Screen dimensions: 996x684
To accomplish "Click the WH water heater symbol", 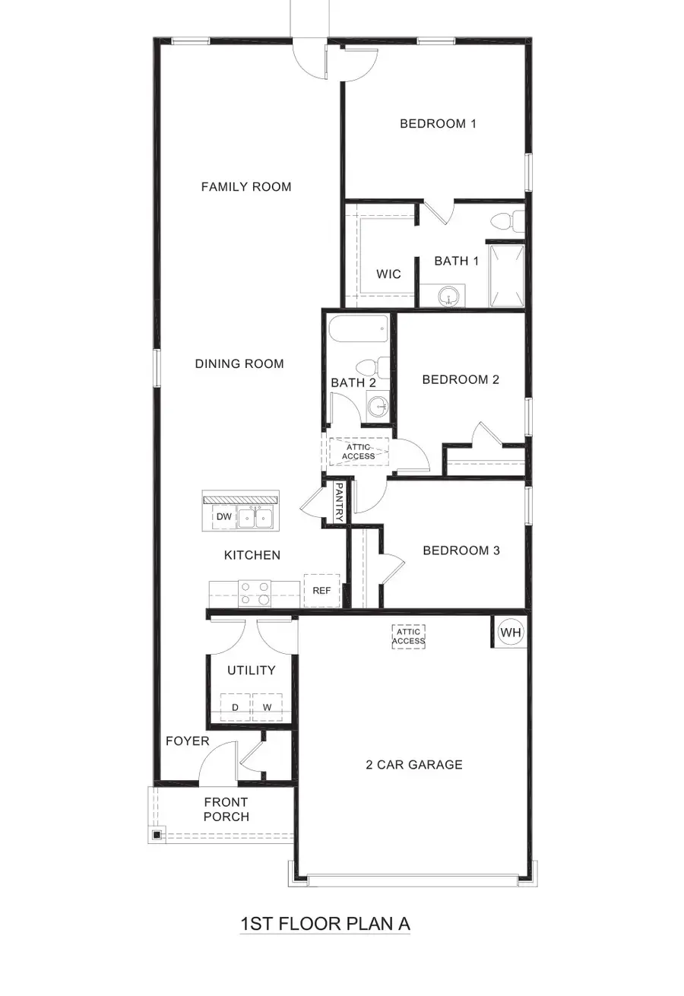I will (511, 632).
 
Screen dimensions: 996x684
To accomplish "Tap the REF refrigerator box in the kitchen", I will (321, 589).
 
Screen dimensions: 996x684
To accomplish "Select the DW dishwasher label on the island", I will (223, 517).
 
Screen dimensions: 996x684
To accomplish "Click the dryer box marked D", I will (235, 707).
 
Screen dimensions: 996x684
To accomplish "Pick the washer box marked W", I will (267, 707).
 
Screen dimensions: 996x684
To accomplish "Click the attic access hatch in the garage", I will (408, 636).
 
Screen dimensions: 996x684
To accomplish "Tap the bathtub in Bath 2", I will (359, 331).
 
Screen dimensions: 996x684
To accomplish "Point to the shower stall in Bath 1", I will (506, 275).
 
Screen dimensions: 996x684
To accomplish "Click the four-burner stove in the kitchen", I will (255, 593).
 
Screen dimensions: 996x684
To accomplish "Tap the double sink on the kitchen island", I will (255, 519).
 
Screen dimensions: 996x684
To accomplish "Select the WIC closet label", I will (388, 274).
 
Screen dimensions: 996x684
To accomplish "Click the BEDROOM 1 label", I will (438, 123).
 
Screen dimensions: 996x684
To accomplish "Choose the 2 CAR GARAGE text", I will (413, 765).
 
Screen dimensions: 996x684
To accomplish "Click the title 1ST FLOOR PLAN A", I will (325, 925).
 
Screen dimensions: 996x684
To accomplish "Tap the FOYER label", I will (187, 741).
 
